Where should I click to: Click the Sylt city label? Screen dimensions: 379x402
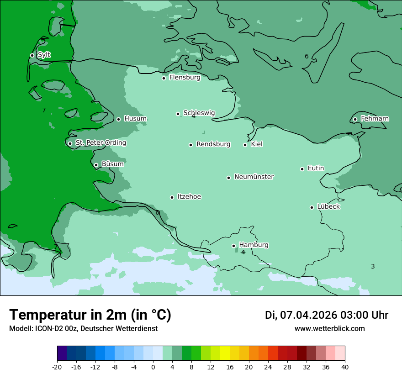click(x=44, y=55)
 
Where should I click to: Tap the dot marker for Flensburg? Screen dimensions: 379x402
click(x=164, y=78)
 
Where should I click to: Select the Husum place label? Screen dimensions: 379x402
click(x=135, y=119)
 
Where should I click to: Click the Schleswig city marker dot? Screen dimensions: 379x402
click(x=178, y=114)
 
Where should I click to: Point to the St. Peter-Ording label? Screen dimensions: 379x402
click(x=100, y=143)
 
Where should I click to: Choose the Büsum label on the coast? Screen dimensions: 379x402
click(x=112, y=164)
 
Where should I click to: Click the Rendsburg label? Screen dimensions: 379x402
click(x=213, y=144)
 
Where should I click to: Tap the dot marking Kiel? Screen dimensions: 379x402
click(x=245, y=145)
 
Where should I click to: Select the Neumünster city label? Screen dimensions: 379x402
click(x=254, y=177)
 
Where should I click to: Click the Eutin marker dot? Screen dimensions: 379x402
click(x=302, y=169)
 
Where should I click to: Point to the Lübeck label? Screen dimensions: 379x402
click(x=328, y=206)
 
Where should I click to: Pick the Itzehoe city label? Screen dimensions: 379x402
click(x=189, y=197)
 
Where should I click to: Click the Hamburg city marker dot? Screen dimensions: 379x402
click(x=233, y=246)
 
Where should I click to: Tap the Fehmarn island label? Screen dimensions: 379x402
click(x=375, y=119)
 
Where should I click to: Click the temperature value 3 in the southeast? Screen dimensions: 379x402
click(x=373, y=266)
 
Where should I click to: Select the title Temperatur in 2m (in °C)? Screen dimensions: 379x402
click(x=90, y=315)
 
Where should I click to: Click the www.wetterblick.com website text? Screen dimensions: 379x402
click(x=329, y=328)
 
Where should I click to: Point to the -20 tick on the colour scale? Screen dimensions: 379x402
click(x=57, y=367)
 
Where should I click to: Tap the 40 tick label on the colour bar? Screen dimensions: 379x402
click(x=345, y=367)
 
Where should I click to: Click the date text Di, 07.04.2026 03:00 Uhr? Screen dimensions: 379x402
click(x=327, y=315)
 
